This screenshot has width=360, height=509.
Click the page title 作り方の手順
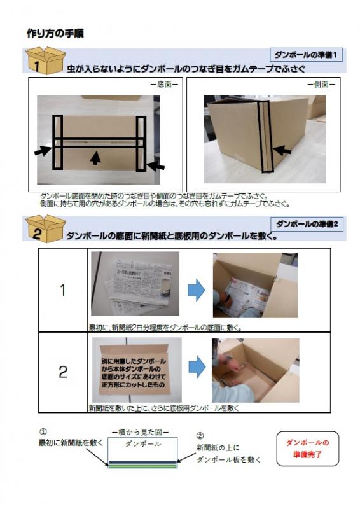pos(55,32)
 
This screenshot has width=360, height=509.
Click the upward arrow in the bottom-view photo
pos(95,157)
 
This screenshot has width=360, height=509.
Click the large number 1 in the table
pos(62,290)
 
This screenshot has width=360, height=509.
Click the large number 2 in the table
pos(62,372)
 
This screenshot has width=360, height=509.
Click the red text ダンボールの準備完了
pos(308,448)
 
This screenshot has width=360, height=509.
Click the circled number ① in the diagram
pos(43,431)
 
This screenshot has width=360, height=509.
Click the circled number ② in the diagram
pos(200,436)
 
